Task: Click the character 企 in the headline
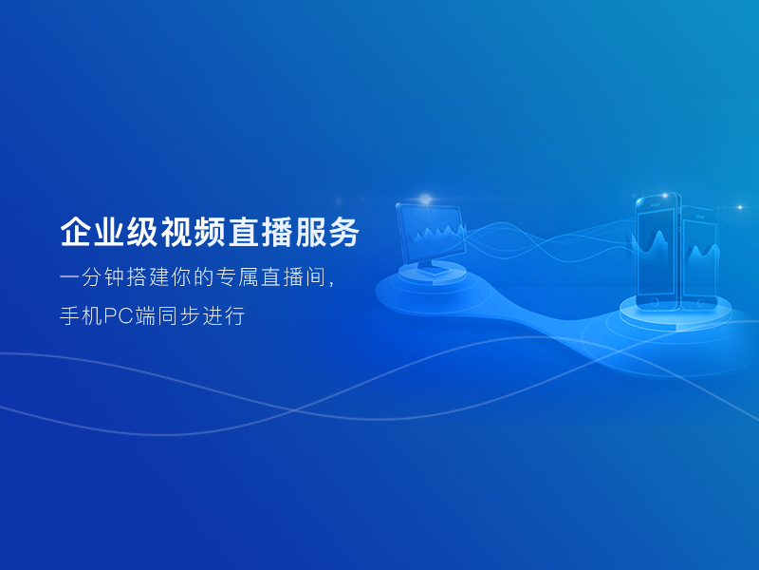[76, 232]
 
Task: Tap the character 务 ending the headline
[344, 232]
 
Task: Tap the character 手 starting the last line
[69, 316]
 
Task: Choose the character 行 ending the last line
[235, 316]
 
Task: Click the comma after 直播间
[331, 283]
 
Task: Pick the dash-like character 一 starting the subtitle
[69, 277]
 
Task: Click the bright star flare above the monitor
[425, 199]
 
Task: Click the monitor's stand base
[433, 270]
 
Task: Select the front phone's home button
[654, 302]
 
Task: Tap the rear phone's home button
[700, 303]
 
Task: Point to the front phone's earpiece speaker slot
[655, 204]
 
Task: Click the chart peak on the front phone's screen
[657, 235]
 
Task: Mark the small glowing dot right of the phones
[739, 207]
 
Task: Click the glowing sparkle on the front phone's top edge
[665, 196]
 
